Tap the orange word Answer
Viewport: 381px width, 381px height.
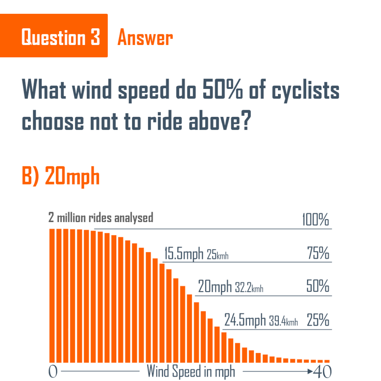pyautogui.click(x=145, y=38)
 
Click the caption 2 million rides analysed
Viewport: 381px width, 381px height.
pyautogui.click(x=101, y=217)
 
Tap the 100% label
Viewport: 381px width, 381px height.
pyautogui.click(x=316, y=220)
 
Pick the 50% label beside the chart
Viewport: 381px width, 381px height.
pyautogui.click(x=318, y=287)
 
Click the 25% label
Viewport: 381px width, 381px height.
pyautogui.click(x=318, y=320)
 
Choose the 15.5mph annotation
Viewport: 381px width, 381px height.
pyautogui.click(x=184, y=254)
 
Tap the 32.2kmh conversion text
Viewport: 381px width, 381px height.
pyautogui.click(x=249, y=288)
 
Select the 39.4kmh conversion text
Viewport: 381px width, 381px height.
pyautogui.click(x=284, y=321)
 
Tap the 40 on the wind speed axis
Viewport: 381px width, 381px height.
pyautogui.click(x=322, y=371)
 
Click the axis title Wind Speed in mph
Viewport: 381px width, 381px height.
pyautogui.click(x=191, y=371)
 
